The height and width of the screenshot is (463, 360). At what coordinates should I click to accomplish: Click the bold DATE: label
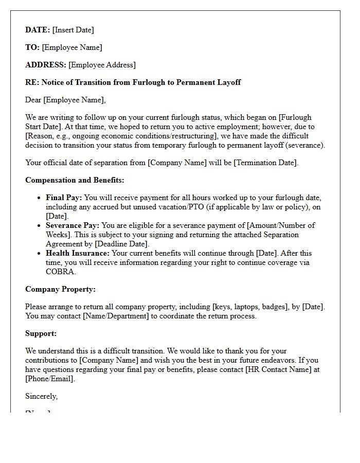38,30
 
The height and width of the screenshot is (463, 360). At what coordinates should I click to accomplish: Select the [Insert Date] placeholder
73,30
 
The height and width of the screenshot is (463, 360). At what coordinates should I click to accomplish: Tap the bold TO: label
32,47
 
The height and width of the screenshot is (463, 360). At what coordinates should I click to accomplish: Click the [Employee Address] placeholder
102,65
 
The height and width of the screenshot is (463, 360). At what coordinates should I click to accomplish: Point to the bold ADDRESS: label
46,65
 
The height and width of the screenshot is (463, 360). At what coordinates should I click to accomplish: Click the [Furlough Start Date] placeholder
168,122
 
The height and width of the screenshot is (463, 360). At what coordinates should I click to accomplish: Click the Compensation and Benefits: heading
75,180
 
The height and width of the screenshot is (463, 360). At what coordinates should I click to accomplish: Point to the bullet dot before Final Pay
40,198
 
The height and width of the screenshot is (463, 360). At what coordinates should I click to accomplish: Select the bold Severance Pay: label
73,225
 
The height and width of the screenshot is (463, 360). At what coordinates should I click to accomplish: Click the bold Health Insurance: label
77,253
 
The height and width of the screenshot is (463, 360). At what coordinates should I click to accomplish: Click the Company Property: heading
60,289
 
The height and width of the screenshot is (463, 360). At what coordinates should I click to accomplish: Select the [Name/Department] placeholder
116,316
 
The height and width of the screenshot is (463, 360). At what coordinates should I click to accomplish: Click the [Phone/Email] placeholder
50,379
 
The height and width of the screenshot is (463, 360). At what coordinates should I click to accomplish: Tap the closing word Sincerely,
42,396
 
